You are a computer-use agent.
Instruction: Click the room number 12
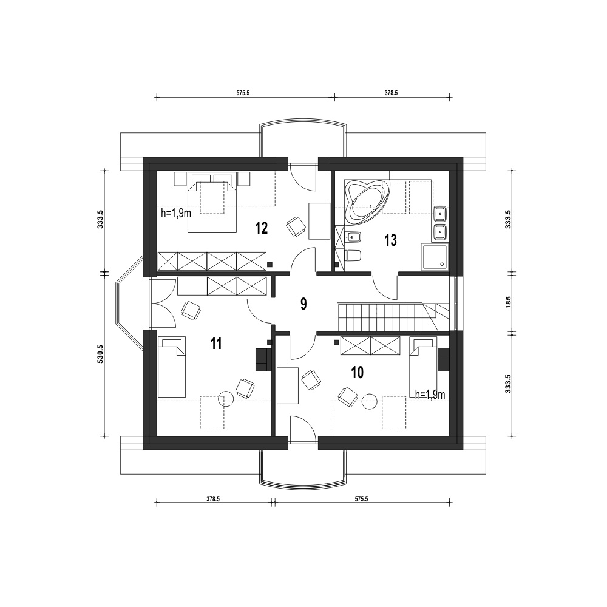pyautogui.click(x=262, y=228)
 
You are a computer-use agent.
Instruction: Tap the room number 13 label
pyautogui.click(x=390, y=240)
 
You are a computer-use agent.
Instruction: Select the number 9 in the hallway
pyautogui.click(x=303, y=304)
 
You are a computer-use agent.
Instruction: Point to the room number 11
pyautogui.click(x=216, y=344)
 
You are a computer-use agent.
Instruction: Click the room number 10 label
pyautogui.click(x=358, y=373)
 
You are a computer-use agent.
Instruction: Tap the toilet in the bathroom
pyautogui.click(x=353, y=256)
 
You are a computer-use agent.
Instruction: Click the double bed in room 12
pyautogui.click(x=212, y=207)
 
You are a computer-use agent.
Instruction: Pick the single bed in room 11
pyautogui.click(x=172, y=367)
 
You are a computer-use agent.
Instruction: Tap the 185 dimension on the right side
pyautogui.click(x=508, y=302)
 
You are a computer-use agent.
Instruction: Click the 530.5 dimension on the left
pyautogui.click(x=100, y=354)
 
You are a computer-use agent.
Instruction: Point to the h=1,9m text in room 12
pyautogui.click(x=176, y=213)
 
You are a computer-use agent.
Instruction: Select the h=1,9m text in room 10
pyautogui.click(x=430, y=395)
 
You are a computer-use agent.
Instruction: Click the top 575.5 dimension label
pyautogui.click(x=243, y=93)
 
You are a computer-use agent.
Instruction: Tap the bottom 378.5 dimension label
pyautogui.click(x=213, y=499)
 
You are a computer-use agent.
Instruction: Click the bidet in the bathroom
pyautogui.click(x=353, y=236)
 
